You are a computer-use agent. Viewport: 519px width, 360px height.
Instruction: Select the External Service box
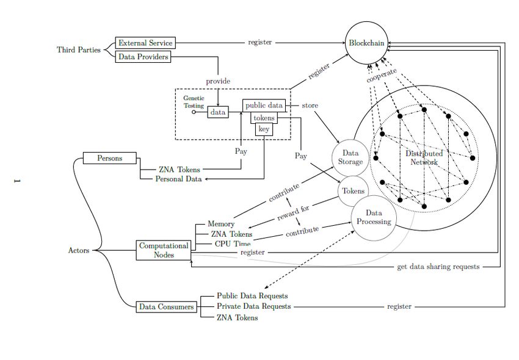coord(146,43)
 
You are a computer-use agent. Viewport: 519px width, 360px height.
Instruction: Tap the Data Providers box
coord(143,57)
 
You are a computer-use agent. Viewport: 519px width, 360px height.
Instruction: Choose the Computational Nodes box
coord(163,250)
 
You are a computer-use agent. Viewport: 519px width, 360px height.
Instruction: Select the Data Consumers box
coord(166,306)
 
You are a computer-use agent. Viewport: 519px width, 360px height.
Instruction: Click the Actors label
coord(79,250)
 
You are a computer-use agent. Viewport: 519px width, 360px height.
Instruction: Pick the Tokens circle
coord(353,191)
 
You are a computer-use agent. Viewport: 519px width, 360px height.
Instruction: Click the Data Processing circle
coord(374,217)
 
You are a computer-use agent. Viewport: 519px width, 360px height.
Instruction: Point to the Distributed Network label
coord(424,157)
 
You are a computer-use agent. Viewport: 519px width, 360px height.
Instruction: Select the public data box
coord(264,106)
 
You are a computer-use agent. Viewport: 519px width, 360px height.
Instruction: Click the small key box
coord(264,129)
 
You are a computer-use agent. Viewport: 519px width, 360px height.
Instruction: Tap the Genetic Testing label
coord(194,101)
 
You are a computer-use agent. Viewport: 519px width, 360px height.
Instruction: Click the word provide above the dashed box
coord(218,81)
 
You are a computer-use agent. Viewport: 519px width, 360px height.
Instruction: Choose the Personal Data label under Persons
coord(178,179)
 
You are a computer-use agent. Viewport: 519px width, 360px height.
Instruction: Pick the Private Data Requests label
coord(253,306)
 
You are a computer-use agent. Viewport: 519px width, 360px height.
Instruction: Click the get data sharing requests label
coord(438,267)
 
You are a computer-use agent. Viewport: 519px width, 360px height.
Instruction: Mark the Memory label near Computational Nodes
coord(220,224)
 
